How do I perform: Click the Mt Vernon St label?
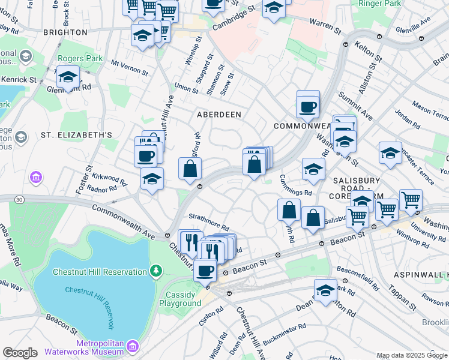pyautogui.click(x=130, y=67)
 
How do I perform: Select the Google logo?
pyautogui.click(x=20, y=353)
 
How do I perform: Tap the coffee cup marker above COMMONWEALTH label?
pyautogui.click(x=308, y=107)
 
